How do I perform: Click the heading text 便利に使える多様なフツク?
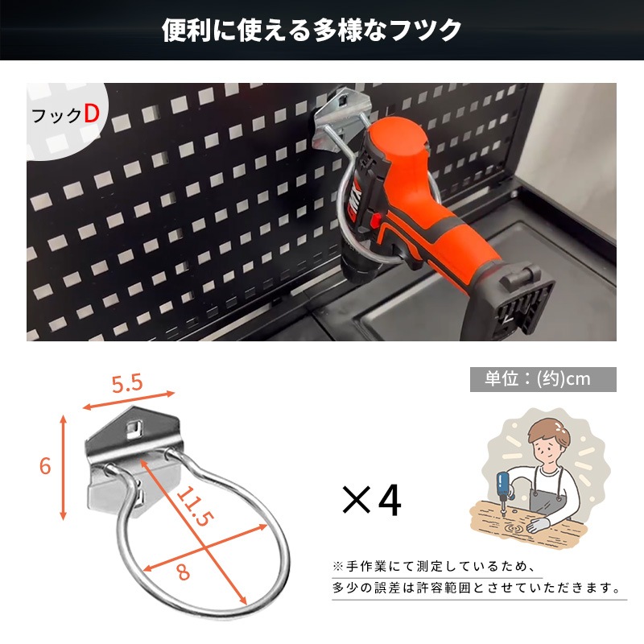tap(312, 31)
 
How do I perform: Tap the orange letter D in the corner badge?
tap(91, 114)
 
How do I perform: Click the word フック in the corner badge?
tap(56, 116)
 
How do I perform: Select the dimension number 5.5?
tap(127, 384)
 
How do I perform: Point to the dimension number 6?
tap(45, 465)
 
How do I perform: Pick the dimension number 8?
tap(184, 573)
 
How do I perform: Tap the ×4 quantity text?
tap(371, 501)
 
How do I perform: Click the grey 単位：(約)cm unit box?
tap(543, 379)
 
